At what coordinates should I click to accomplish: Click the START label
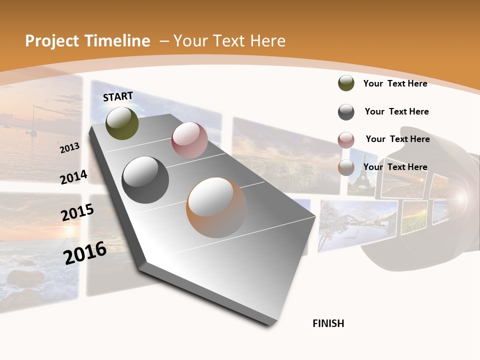[x=118, y=96]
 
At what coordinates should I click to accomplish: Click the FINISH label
[x=328, y=323]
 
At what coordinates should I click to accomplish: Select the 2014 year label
[x=74, y=177]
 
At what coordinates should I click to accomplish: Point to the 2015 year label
[x=77, y=212]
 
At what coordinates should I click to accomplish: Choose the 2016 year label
[x=85, y=253]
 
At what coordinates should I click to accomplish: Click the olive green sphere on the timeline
[x=122, y=123]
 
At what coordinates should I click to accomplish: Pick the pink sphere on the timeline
[x=189, y=140]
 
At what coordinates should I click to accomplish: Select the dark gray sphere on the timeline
[x=145, y=180]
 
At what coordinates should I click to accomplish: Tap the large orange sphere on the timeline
[x=216, y=207]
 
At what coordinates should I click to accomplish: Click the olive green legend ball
[x=346, y=83]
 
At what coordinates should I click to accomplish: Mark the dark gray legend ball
[x=346, y=112]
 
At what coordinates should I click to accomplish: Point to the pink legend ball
[x=346, y=140]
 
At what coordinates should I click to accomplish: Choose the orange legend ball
[x=346, y=167]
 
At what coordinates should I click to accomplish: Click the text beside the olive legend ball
[x=395, y=83]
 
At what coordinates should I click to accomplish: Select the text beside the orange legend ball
[x=395, y=167]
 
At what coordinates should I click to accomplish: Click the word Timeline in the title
[x=117, y=41]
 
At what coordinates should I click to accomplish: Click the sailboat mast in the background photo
[x=33, y=120]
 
